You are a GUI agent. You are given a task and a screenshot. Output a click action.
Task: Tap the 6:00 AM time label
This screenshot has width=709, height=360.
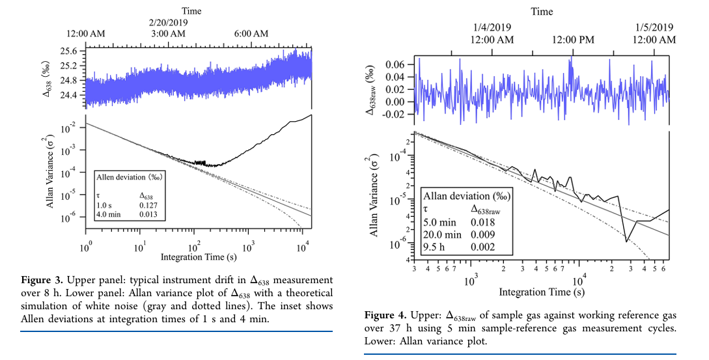pyautogui.click(x=251, y=33)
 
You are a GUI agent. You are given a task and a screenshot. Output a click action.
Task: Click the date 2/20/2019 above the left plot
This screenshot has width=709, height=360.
pyautogui.click(x=168, y=22)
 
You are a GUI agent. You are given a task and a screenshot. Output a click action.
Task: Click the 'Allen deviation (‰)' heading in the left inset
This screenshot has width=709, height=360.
pyautogui.click(x=129, y=176)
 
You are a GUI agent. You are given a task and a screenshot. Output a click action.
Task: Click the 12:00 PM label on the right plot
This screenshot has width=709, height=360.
pyautogui.click(x=574, y=40)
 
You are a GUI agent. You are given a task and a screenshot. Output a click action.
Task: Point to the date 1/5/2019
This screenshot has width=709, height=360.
pyautogui.click(x=653, y=28)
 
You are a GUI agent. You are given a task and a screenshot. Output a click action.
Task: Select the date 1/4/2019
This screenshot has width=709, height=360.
pyautogui.click(x=492, y=28)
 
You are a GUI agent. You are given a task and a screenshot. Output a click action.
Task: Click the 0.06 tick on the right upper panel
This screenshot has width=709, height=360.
pyautogui.click(x=395, y=65)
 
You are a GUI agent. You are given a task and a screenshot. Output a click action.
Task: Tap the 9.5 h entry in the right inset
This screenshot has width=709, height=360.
pyautogui.click(x=436, y=247)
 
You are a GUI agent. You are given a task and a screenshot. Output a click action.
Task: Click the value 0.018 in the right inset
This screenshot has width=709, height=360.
pyautogui.click(x=483, y=222)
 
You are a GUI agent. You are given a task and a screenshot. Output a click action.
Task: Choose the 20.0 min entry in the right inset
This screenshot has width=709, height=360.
pyautogui.click(x=443, y=234)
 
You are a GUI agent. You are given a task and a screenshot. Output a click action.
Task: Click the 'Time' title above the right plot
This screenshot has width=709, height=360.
pyautogui.click(x=542, y=11)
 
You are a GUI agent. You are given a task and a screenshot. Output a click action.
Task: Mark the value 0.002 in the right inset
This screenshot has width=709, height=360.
pyautogui.click(x=483, y=247)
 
